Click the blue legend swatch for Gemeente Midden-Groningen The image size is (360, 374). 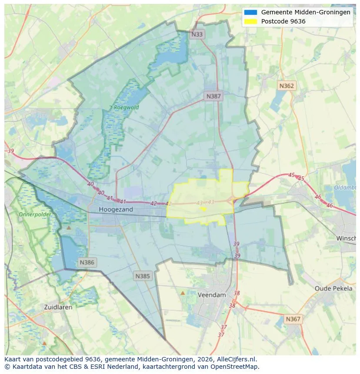(251, 12)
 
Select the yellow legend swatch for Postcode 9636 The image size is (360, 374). (251, 21)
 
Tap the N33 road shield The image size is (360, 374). (197, 34)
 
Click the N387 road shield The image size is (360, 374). (213, 96)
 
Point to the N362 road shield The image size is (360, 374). (287, 86)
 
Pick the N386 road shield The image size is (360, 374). (87, 262)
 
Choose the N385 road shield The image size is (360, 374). (143, 276)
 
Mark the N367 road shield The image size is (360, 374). (293, 319)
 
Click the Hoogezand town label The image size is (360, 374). (116, 209)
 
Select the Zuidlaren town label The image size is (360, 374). (58, 307)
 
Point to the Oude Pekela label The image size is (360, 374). (333, 288)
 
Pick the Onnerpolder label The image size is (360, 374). (35, 215)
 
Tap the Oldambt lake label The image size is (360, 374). (345, 188)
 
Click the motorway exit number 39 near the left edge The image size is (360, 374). (11, 151)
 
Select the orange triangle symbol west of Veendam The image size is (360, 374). (183, 293)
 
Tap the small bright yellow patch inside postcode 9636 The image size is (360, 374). (202, 209)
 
